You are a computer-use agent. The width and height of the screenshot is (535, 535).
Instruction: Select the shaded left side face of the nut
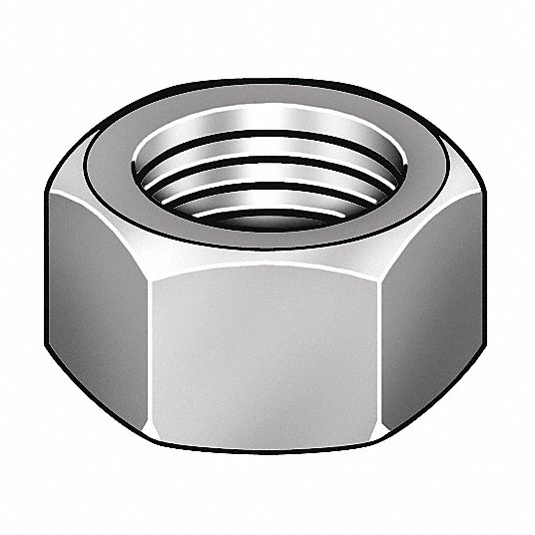click(95, 309)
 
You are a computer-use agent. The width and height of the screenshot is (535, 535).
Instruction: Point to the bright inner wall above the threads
click(267, 133)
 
